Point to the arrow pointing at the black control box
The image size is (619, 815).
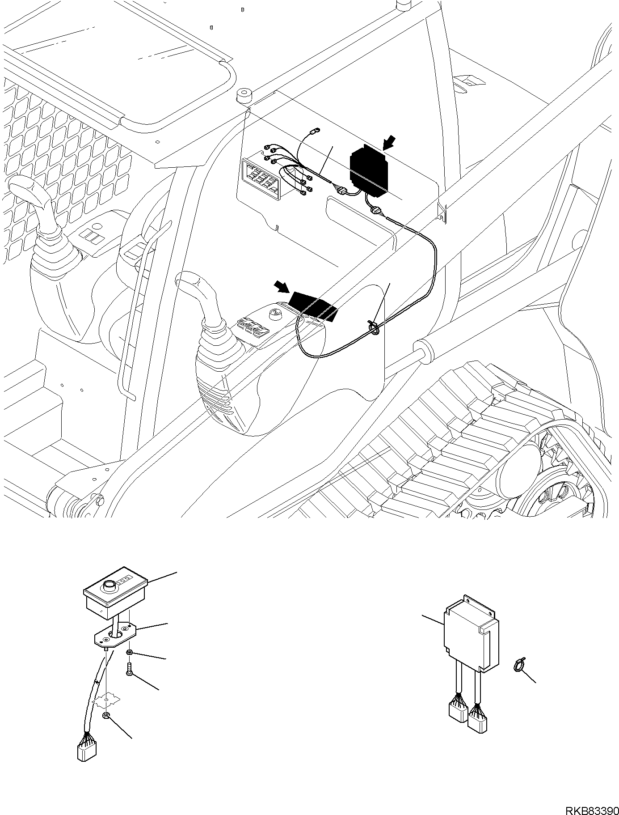[x=389, y=144]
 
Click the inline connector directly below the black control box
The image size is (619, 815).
[x=375, y=210]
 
